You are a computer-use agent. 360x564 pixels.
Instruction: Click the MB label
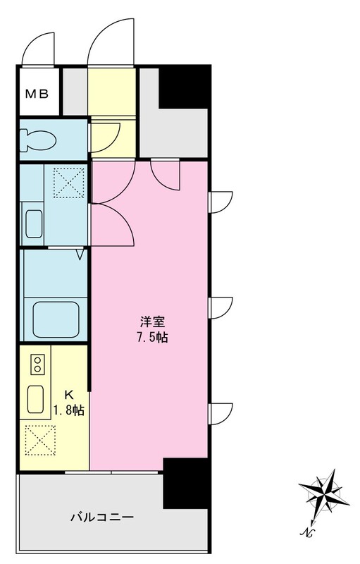click(37, 93)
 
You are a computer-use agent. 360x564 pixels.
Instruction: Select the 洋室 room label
click(152, 322)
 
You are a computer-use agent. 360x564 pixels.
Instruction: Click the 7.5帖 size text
click(152, 337)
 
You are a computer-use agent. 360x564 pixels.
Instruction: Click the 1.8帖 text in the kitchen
click(69, 410)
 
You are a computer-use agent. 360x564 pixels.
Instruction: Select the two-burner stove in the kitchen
click(37, 364)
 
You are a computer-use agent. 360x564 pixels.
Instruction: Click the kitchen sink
click(37, 400)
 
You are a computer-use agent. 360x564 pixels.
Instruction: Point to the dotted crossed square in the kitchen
click(39, 440)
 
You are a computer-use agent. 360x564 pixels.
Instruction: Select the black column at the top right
click(185, 87)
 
